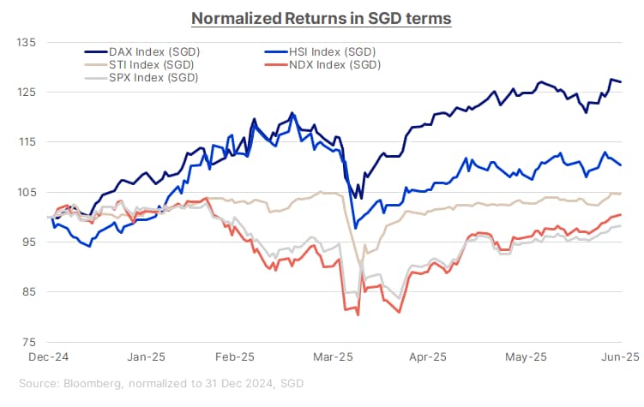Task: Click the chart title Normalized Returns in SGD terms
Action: click(321, 17)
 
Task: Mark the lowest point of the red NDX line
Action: click(357, 315)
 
